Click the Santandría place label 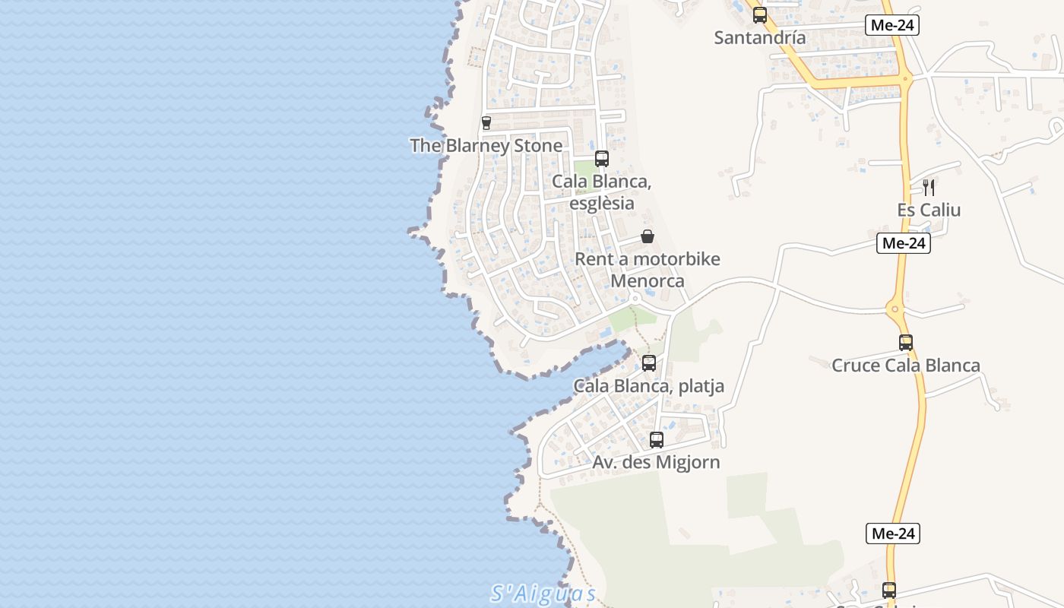coord(759,36)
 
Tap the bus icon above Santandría coord(759,15)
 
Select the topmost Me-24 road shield coord(892,25)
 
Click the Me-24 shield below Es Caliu coord(903,243)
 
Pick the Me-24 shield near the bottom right coord(892,534)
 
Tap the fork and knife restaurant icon coord(928,187)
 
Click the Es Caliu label coord(929,210)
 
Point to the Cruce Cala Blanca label coord(906,366)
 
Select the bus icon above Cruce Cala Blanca coord(905,343)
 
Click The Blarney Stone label coord(486,145)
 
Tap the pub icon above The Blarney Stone coord(486,122)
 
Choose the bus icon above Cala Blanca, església coord(601,159)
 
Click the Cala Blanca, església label coord(602,192)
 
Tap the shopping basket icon coord(647,236)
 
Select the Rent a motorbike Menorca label coord(648,270)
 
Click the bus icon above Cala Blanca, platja coord(648,363)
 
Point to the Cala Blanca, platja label coord(648,386)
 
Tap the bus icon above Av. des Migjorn coord(657,439)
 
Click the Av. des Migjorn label coord(657,462)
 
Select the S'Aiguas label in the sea coord(543,593)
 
